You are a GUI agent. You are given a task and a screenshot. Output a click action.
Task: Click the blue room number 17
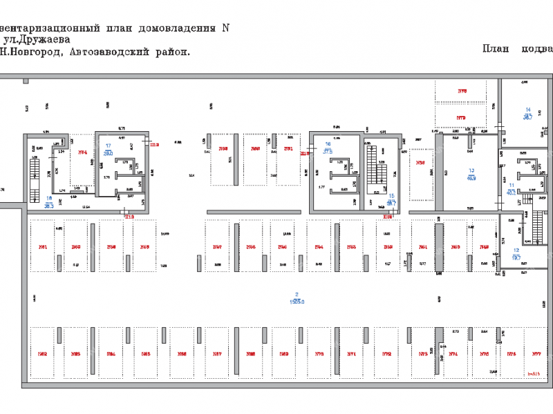(108, 146)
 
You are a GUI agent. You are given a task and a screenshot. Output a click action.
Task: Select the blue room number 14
(527, 110)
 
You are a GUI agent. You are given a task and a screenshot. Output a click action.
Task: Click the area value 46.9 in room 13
(471, 178)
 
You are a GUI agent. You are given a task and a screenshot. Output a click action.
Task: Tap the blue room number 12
(516, 250)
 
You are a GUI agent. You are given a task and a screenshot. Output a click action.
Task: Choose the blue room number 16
(328, 144)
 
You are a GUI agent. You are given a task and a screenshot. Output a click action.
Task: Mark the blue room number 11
(512, 186)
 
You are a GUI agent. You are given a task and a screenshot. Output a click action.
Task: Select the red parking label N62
(43, 354)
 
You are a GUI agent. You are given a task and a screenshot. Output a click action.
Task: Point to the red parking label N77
(535, 354)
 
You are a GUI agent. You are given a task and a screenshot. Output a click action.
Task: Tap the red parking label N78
(462, 91)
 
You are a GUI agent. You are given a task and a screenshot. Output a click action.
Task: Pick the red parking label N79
(461, 118)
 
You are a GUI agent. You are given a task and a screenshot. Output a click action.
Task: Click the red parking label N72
(386, 354)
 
